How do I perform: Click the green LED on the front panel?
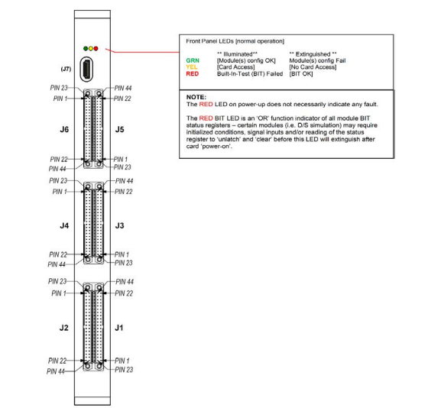pyautogui.click(x=86, y=49)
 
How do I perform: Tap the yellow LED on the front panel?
pyautogui.click(x=91, y=49)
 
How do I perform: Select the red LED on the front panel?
pyautogui.click(x=96, y=49)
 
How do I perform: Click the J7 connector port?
pyautogui.click(x=87, y=70)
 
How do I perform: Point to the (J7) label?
pyautogui.click(x=66, y=69)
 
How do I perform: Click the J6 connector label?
pyautogui.click(x=64, y=129)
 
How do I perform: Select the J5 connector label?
pyautogui.click(x=119, y=129)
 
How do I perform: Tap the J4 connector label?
pyautogui.click(x=64, y=225)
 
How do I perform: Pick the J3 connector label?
pyautogui.click(x=119, y=225)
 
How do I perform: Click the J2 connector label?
pyautogui.click(x=64, y=328)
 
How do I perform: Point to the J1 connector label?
pyautogui.click(x=118, y=328)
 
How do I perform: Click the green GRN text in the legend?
pyautogui.click(x=193, y=60)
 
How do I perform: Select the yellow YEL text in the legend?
pyautogui.click(x=192, y=67)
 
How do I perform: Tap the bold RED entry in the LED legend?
pyautogui.click(x=193, y=73)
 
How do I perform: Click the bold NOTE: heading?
pyautogui.click(x=196, y=97)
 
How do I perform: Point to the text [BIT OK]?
pyautogui.click(x=301, y=73)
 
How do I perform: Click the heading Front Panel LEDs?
pyautogui.click(x=210, y=41)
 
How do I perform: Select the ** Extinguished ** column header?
pyautogui.click(x=313, y=54)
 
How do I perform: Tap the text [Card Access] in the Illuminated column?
pyautogui.click(x=236, y=67)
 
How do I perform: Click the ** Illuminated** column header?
pyautogui.click(x=237, y=54)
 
